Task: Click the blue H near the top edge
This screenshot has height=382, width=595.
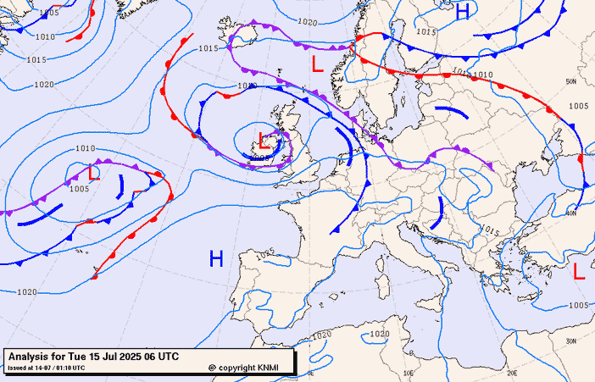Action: click(x=463, y=12)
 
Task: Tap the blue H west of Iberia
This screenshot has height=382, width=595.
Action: click(x=216, y=258)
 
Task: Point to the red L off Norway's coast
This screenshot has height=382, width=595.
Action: click(x=317, y=64)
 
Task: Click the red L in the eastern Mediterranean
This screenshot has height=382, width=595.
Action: click(x=579, y=272)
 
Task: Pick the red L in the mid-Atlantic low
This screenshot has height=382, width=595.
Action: click(x=94, y=173)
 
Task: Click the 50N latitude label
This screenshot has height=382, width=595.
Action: click(x=571, y=82)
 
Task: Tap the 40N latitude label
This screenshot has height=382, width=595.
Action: click(x=571, y=213)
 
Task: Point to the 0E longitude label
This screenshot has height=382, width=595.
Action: click(x=310, y=372)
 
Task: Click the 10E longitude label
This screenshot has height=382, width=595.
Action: click(x=409, y=372)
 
